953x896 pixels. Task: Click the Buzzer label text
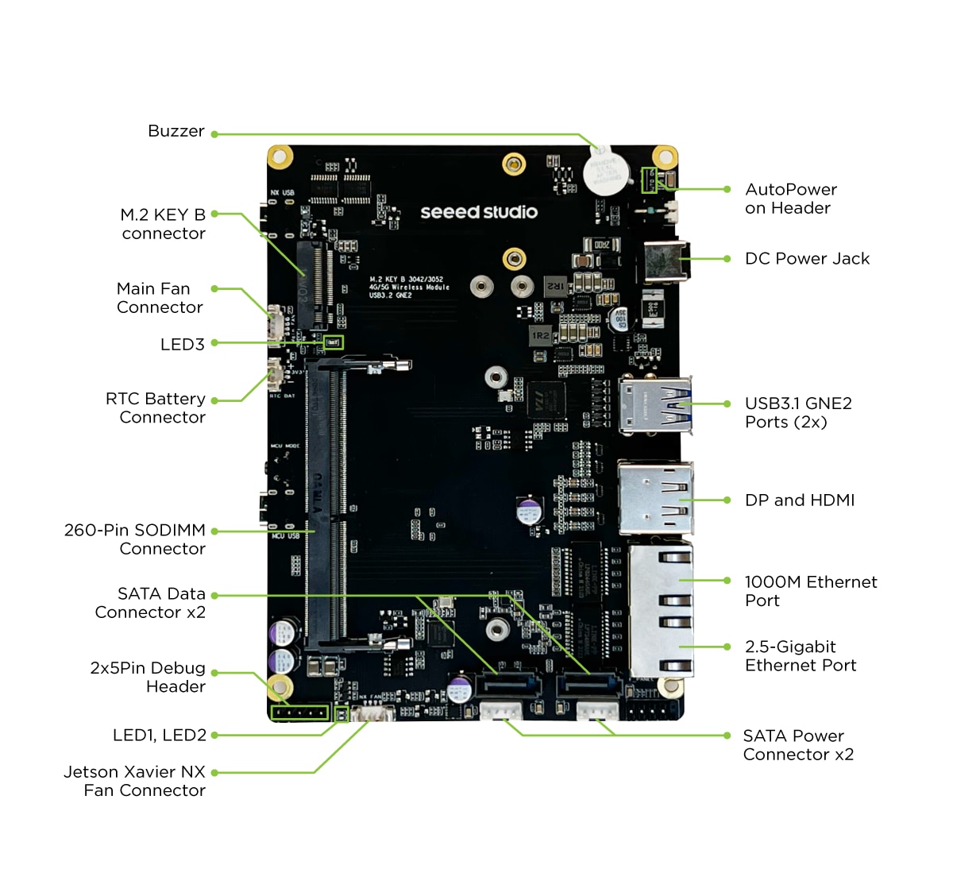point(176,131)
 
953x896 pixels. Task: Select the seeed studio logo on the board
point(478,212)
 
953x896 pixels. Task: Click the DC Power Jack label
point(807,259)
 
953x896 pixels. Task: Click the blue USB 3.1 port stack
point(655,405)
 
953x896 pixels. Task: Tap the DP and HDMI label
point(800,500)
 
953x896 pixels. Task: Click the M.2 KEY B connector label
point(163,224)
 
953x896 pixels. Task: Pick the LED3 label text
point(182,345)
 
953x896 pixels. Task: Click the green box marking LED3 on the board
point(333,342)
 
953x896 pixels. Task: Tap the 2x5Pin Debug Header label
point(148,678)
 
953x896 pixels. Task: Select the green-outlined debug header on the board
point(299,713)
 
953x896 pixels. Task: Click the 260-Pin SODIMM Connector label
point(135,539)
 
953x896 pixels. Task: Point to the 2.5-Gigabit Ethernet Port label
point(801,656)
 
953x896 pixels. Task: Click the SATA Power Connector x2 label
point(798,745)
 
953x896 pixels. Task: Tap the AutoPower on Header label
point(790,199)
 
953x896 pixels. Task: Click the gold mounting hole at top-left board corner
point(280,156)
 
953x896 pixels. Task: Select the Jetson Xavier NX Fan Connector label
point(134,781)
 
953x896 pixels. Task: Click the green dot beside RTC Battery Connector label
point(214,400)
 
